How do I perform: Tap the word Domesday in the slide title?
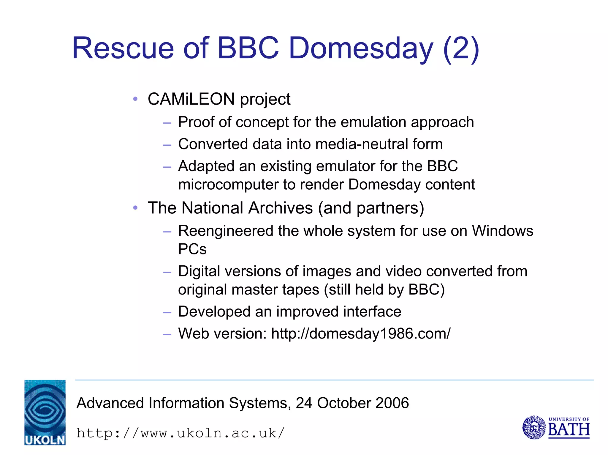pos(361,48)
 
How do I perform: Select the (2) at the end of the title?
pos(461,48)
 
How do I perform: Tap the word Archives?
pos(281,208)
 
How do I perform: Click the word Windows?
pos(503,231)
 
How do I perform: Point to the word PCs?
pos(192,249)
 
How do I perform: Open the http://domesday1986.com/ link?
pos(361,334)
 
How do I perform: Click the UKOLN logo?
pos(45,412)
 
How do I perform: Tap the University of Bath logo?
pos(556,427)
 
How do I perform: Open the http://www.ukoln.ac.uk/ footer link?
pos(180,433)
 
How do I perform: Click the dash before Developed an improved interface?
pos(167,312)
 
